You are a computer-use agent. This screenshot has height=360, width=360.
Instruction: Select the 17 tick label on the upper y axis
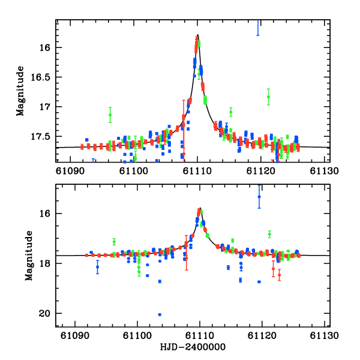click(49, 107)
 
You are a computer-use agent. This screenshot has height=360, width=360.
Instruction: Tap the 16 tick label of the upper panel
click(49, 47)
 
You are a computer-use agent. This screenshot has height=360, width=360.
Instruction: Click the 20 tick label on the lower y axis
click(49, 314)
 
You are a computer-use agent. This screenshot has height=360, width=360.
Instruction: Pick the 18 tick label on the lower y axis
click(49, 263)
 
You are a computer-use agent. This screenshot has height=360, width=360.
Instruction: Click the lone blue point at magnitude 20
click(160, 314)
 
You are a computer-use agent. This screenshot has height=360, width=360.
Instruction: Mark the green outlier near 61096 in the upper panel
click(110, 115)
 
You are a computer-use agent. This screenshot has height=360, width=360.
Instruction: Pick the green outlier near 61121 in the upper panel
click(268, 97)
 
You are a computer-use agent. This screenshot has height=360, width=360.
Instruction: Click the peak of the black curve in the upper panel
click(197, 35)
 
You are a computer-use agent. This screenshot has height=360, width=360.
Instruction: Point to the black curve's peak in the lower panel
click(199, 208)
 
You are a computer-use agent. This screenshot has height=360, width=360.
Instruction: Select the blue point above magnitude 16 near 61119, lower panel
click(259, 197)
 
